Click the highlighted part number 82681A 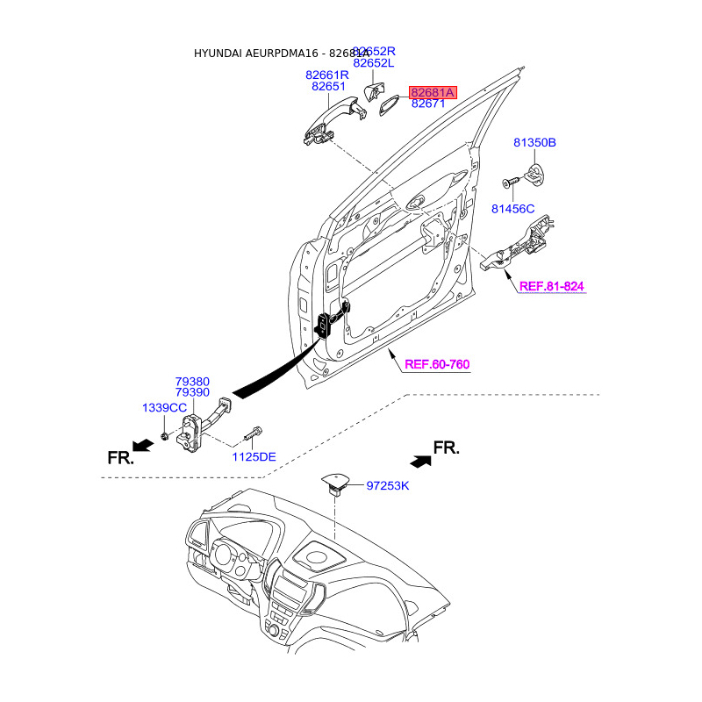433,91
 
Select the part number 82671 428,104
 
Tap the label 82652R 375,52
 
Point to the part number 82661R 327,75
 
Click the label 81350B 534,142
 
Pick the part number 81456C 512,209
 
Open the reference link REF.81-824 551,286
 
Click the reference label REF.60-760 436,364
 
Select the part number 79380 192,382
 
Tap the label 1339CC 164,408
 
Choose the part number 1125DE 254,456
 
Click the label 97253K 388,484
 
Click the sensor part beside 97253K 336,482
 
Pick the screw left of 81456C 509,183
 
